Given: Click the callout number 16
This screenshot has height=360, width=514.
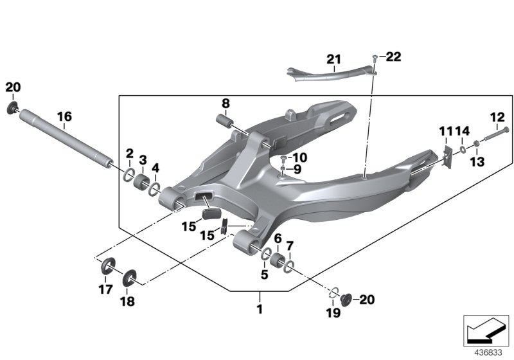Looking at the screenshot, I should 64,116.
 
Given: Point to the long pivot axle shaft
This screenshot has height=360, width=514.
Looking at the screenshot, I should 64,139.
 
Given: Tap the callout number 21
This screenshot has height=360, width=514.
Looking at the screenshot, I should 333,60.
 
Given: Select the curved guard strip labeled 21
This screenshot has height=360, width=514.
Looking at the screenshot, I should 328,73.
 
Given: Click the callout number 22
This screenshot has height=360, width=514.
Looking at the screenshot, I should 393,57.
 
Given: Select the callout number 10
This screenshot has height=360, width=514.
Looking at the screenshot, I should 299,157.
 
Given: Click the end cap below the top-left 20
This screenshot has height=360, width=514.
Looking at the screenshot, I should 13,107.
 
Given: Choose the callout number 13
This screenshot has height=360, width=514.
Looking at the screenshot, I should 477,163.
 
